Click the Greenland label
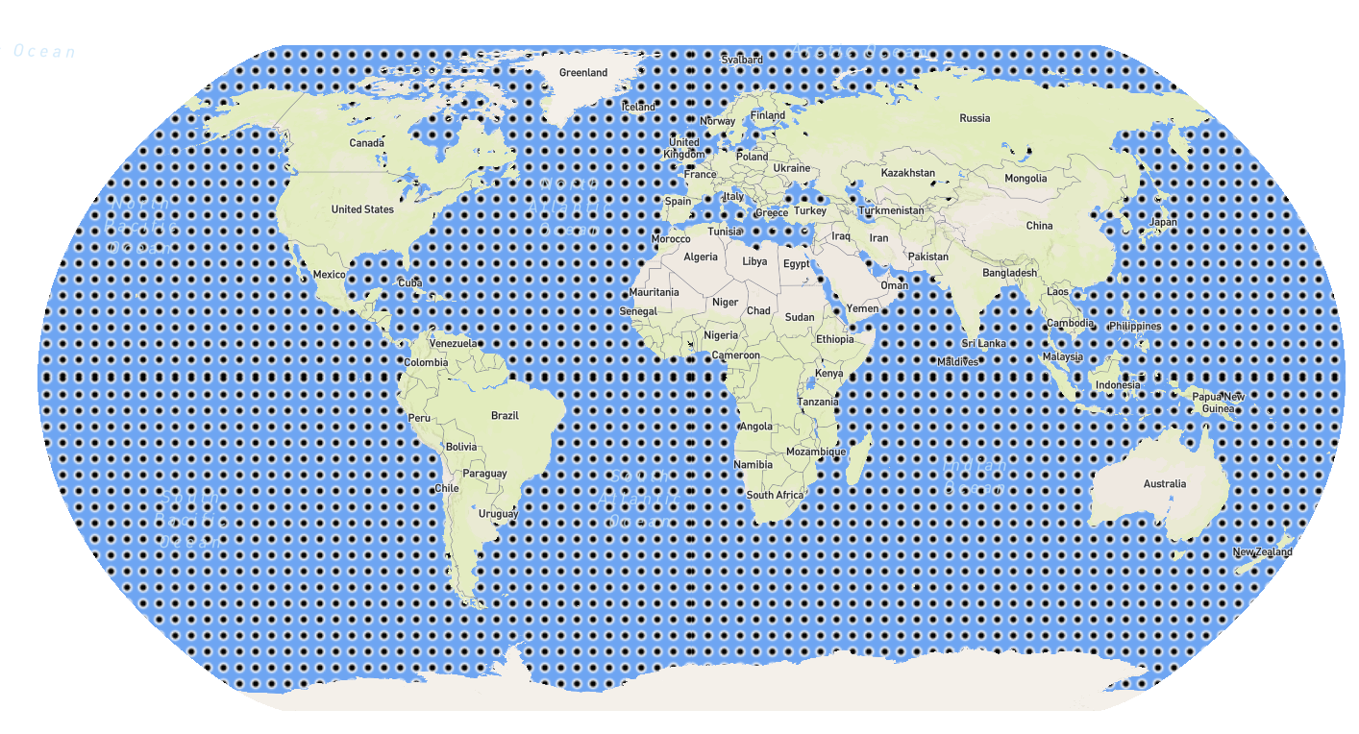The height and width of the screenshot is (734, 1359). coord(583,73)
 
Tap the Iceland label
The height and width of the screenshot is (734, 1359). coord(638,107)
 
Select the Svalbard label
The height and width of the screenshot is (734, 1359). coord(742,60)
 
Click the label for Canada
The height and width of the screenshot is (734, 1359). coord(366,143)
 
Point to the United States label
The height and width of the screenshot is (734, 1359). coord(362,209)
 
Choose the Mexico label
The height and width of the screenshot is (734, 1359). coord(329,275)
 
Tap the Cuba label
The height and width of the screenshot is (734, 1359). coord(410,283)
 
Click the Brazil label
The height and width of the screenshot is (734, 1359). coord(505,416)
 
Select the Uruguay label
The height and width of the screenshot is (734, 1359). coord(499,514)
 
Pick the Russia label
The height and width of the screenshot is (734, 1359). coord(975,119)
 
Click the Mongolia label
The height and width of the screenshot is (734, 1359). coord(1025,179)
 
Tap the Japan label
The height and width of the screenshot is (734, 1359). coord(1163,222)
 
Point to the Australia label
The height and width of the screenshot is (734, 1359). coord(1165,484)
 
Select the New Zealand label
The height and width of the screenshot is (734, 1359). coord(1263,552)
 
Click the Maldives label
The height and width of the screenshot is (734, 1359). coord(958,362)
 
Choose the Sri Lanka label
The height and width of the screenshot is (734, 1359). coord(984,344)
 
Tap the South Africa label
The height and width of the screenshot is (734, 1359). coord(775,496)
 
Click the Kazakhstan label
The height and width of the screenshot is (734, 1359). coord(908,173)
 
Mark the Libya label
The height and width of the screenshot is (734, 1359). coord(754,261)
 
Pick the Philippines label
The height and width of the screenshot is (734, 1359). coord(1134,327)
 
